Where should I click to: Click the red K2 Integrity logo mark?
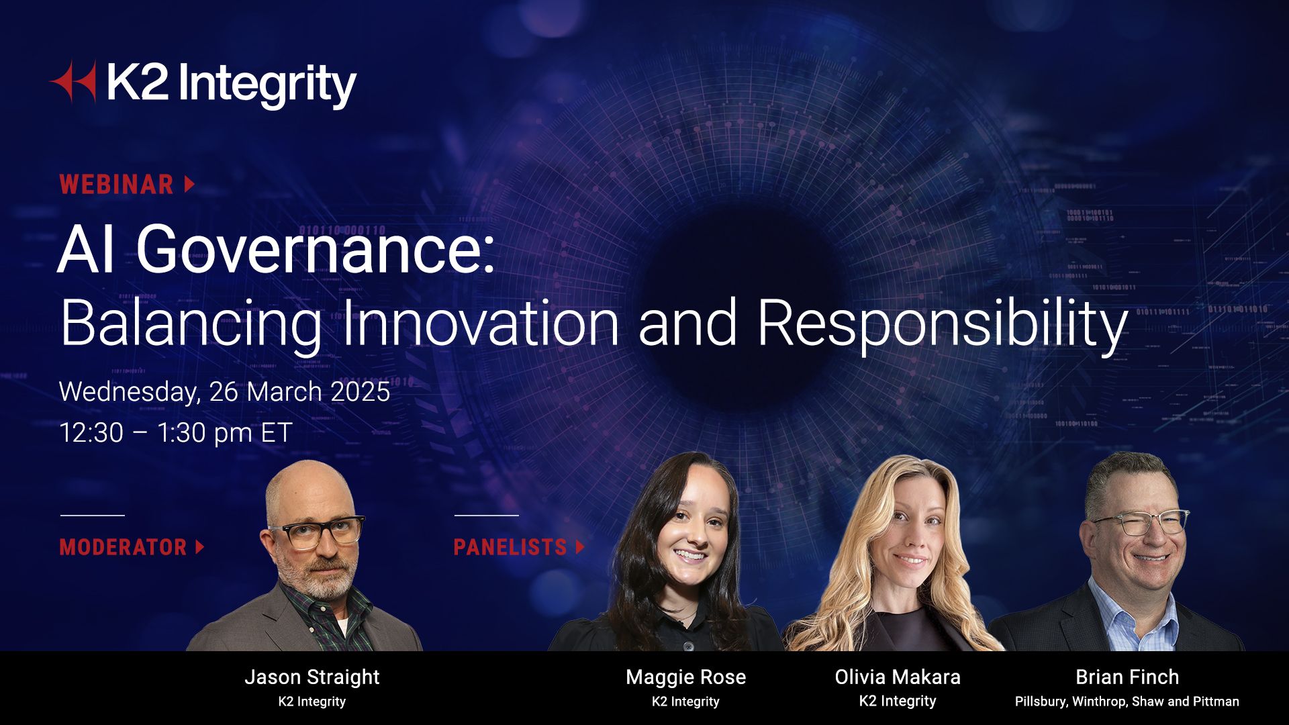(x=73, y=82)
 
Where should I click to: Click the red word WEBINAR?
(x=117, y=185)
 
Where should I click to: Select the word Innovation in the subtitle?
(x=481, y=323)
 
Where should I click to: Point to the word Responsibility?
(x=943, y=326)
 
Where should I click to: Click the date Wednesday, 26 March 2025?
(x=224, y=392)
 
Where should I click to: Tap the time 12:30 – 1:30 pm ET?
(x=176, y=433)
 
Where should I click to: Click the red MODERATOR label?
(x=123, y=547)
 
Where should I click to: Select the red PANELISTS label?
(x=510, y=547)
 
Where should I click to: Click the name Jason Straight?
(x=312, y=677)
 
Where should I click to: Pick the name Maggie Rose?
(x=685, y=677)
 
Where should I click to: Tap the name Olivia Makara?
(x=898, y=677)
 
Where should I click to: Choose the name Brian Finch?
(x=1127, y=677)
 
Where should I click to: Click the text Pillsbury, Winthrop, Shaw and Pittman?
(x=1127, y=702)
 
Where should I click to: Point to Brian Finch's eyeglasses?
(x=1139, y=523)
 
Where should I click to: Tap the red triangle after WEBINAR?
(x=189, y=184)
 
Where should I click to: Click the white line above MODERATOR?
(x=93, y=516)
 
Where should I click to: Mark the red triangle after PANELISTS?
(x=580, y=547)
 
